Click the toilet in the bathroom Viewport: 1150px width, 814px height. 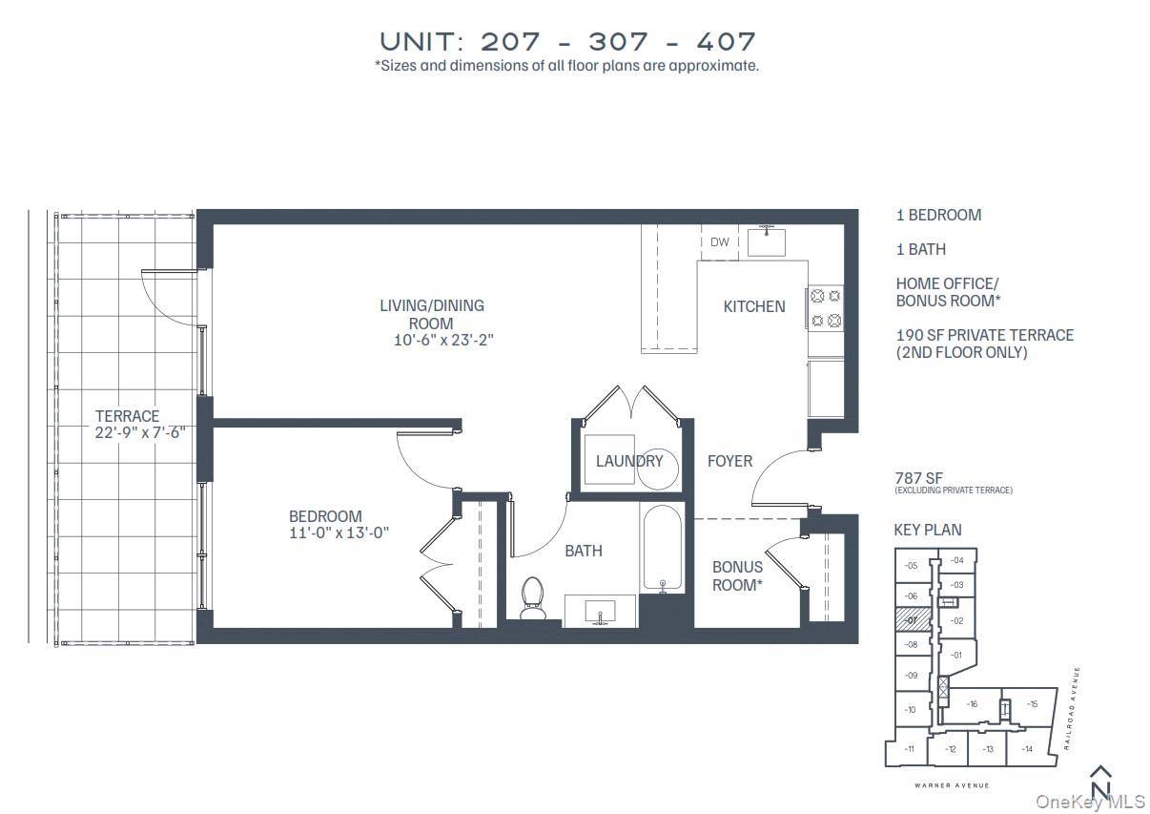532,596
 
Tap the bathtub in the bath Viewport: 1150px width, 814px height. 661,547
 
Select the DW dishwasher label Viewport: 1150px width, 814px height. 720,242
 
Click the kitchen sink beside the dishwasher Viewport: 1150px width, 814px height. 766,241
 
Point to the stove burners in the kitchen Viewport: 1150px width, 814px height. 825,307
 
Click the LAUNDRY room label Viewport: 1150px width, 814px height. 629,461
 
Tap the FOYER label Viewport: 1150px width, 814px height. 729,461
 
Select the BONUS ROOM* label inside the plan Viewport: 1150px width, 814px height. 737,575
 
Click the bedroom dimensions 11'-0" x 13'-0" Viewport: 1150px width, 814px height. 339,533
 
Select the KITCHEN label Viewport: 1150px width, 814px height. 754,306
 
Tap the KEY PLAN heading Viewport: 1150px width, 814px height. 927,530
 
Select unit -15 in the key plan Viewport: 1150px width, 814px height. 1032,704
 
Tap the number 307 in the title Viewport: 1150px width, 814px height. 618,42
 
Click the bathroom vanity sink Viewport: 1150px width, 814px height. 600,611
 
